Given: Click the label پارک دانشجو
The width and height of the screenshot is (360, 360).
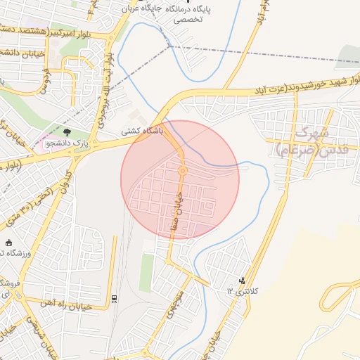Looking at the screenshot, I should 69,143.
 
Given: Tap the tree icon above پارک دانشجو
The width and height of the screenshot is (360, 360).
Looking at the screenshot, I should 67,131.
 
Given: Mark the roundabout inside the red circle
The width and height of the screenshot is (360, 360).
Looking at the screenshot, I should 182,170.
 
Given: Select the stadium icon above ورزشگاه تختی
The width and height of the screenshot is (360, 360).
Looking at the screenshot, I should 9,243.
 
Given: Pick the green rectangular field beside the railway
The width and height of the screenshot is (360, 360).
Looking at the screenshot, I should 146,273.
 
